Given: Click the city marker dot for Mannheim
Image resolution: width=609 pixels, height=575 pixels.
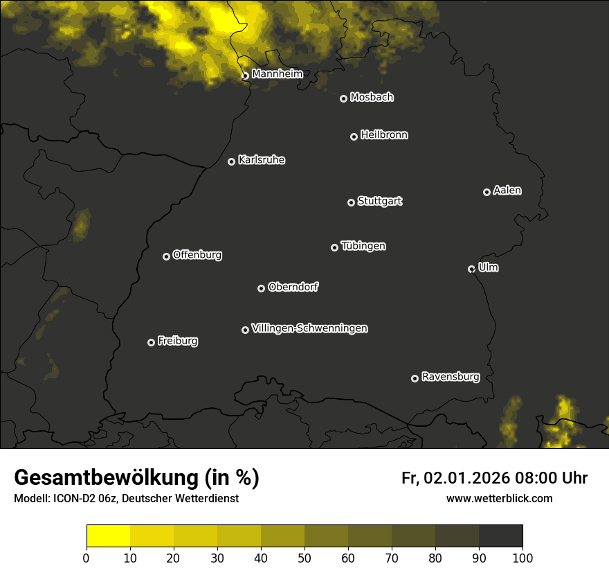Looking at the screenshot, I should [x=245, y=76].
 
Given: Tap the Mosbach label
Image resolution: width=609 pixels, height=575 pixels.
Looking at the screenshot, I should [x=372, y=98].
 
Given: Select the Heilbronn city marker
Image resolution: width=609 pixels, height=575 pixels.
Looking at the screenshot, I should [x=354, y=136].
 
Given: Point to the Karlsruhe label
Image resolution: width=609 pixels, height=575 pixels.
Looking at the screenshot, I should [x=262, y=160].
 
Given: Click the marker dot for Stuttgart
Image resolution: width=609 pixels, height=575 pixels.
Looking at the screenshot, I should [x=351, y=202].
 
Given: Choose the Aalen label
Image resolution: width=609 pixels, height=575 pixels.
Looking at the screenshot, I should [x=507, y=191].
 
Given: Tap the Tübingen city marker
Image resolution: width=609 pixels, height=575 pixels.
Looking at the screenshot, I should [x=334, y=247].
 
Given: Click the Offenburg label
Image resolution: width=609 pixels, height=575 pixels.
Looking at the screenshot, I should [x=197, y=255].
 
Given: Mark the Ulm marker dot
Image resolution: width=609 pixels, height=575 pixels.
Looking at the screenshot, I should [x=471, y=269].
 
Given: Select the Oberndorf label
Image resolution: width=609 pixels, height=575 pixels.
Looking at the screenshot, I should [x=293, y=287].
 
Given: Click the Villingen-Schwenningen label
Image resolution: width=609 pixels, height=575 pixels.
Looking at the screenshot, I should [x=309, y=328].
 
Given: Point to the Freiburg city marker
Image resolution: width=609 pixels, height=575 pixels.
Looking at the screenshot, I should [x=151, y=342].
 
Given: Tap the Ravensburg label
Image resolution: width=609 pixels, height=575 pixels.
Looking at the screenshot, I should [x=450, y=377].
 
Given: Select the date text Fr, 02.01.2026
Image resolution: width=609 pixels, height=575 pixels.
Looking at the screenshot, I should [x=455, y=478].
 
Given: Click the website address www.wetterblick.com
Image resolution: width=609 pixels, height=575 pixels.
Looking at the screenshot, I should [x=499, y=498].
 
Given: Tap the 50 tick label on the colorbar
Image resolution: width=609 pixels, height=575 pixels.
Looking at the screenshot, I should [x=304, y=558].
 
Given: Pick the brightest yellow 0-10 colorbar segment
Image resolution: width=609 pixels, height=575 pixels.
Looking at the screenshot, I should [x=108, y=536].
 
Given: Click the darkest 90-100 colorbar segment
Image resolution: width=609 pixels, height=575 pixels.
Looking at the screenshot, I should [x=500, y=536].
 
